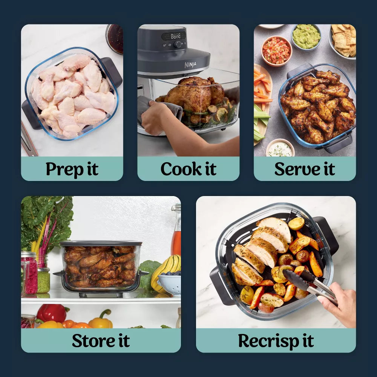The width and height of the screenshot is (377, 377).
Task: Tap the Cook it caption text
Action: (188, 169)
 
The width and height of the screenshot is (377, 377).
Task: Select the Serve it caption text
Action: (304, 169)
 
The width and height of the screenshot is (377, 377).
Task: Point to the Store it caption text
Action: (101, 341)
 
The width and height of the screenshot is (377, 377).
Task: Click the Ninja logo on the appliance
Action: (190, 65)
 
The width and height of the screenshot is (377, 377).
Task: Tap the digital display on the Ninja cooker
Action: (176, 36)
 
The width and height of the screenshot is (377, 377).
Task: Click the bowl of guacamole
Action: (306, 37)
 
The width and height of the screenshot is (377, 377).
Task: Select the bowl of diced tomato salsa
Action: (276, 50)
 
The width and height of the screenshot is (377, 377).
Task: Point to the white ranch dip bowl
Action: (280, 149)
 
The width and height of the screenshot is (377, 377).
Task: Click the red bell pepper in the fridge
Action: (53, 313)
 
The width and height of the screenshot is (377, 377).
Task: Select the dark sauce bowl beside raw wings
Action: (115, 38)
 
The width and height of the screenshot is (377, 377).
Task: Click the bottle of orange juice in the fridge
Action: (176, 238)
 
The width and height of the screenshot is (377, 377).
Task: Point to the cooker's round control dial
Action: (177, 44)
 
